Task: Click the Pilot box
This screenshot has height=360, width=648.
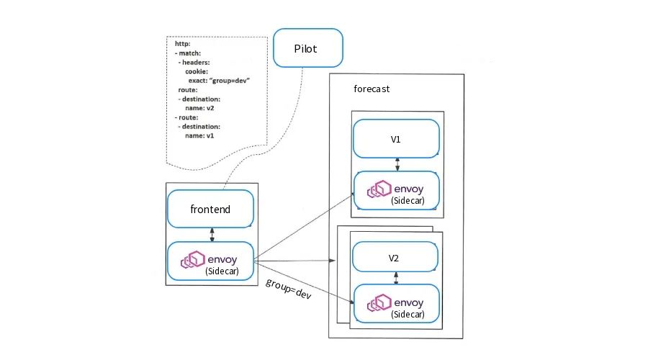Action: coord(308,48)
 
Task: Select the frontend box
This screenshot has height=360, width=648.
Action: coord(210,209)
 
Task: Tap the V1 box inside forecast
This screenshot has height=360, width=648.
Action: coord(396,139)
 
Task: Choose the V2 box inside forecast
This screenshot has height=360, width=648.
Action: coord(395,257)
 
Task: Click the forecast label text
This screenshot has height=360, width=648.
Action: coord(372,89)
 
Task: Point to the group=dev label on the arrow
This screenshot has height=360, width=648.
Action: coord(288,289)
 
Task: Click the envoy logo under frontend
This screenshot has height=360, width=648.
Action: coord(192,260)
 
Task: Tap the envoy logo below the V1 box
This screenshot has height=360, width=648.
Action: coord(379,189)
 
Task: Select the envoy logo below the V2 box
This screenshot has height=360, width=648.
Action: coord(379,302)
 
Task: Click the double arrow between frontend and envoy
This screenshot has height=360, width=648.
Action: coord(212,235)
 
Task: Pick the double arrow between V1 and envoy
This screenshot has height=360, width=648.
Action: coord(397,164)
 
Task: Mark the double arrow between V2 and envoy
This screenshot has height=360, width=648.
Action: coord(396,278)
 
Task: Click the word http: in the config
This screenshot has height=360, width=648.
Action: coord(182,44)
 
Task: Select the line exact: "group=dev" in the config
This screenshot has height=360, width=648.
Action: coord(219,81)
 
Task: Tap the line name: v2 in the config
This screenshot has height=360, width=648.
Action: coord(199,108)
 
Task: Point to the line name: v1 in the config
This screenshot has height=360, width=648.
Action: coord(199,135)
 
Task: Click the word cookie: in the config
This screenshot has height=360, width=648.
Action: coord(197,71)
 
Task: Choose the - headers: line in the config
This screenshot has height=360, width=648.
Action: coord(194,63)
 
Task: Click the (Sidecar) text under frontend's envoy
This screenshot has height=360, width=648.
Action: coord(222,271)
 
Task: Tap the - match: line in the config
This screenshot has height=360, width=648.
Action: coord(188,53)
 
